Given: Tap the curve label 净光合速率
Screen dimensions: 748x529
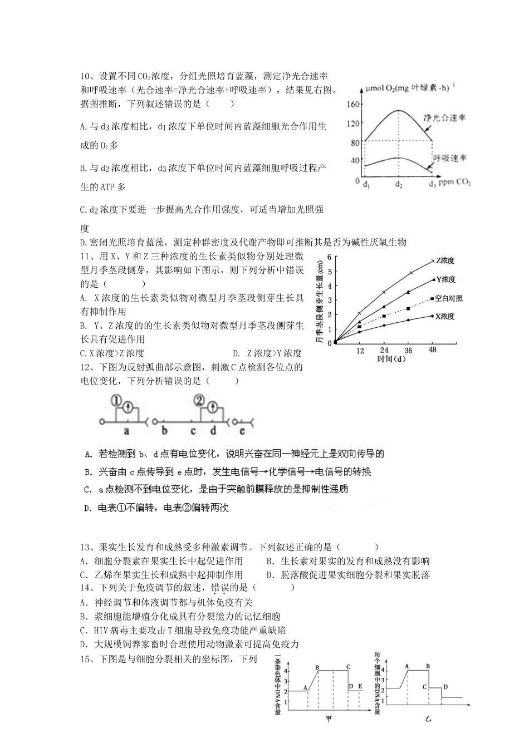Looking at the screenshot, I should pyautogui.click(x=444, y=118).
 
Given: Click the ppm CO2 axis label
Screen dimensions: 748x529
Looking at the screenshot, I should pyautogui.click(x=454, y=182).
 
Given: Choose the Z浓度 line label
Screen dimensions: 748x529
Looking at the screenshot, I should pyautogui.click(x=445, y=260).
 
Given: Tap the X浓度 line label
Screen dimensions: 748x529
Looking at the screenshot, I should pyautogui.click(x=445, y=316).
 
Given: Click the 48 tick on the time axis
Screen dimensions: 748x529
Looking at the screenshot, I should pyautogui.click(x=432, y=350).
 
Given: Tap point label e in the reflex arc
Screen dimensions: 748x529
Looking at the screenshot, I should pyautogui.click(x=242, y=430).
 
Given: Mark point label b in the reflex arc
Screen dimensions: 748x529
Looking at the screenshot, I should pyautogui.click(x=164, y=430).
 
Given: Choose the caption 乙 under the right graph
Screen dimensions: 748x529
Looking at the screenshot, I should pyautogui.click(x=428, y=720).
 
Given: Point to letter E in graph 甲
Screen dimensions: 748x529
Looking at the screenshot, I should pyautogui.click(x=360, y=686).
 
